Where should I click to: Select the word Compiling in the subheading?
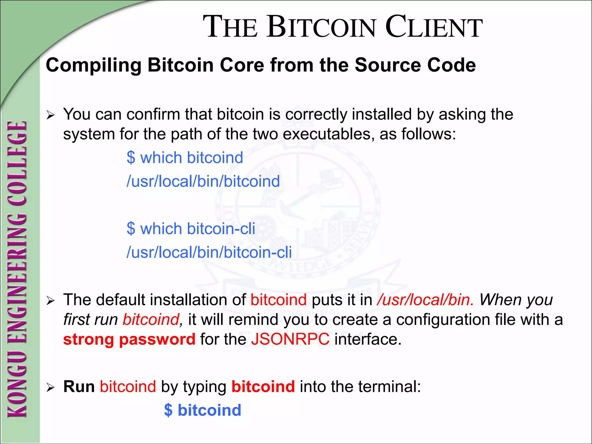pos(93,65)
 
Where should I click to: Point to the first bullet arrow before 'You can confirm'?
pos(51,116)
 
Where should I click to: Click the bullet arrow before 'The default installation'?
pos(51,301)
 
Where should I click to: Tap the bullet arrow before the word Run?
pos(51,388)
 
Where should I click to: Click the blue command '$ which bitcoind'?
pos(185,158)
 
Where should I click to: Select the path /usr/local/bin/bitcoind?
pos(203,182)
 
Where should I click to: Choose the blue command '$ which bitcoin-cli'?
pos(191,229)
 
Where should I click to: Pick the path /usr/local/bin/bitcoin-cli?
pos(209,252)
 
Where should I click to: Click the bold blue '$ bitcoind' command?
pos(202,410)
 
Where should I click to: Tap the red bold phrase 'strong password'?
pos(129,339)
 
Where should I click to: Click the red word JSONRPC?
pos(290,339)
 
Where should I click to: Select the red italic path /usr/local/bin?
pos(425,300)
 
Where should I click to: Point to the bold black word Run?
pos(79,386)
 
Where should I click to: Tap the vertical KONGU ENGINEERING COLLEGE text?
pos(17,269)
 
